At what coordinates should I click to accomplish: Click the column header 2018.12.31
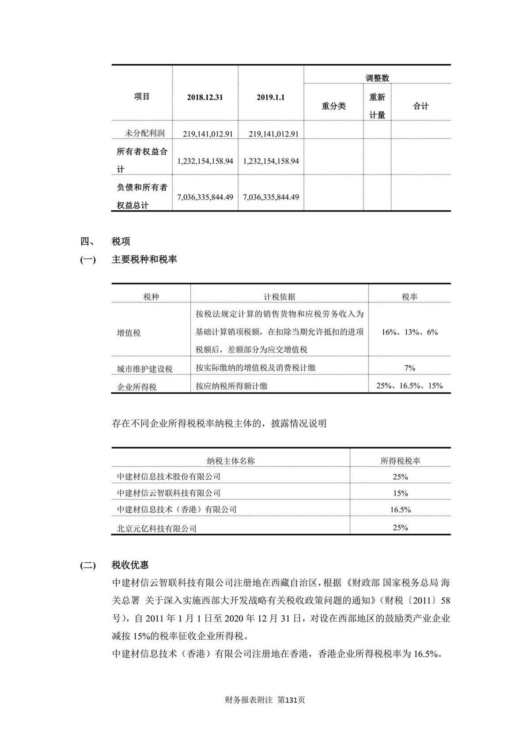(x=205, y=97)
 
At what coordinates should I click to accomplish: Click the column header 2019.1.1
(x=271, y=97)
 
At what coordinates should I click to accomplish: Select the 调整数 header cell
(x=377, y=78)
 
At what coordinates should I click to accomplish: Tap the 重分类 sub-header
(x=333, y=106)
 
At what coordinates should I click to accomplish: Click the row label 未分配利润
(x=145, y=133)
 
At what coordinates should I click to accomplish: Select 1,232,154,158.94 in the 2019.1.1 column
(x=271, y=161)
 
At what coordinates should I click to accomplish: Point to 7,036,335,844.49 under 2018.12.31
(x=205, y=197)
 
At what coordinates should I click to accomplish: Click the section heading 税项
(x=121, y=241)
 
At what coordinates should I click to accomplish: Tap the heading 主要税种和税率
(x=144, y=259)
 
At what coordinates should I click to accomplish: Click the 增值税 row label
(x=129, y=333)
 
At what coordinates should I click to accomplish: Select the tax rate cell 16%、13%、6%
(x=409, y=332)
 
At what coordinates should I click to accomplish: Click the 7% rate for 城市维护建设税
(x=409, y=368)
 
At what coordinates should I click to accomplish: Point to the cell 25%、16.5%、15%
(x=409, y=386)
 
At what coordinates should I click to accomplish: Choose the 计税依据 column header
(x=280, y=297)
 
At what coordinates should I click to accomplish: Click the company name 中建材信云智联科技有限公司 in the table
(x=169, y=493)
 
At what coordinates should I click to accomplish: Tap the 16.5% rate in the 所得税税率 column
(x=400, y=510)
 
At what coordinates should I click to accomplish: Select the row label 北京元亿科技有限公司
(x=157, y=528)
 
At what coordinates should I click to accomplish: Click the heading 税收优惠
(x=130, y=565)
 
